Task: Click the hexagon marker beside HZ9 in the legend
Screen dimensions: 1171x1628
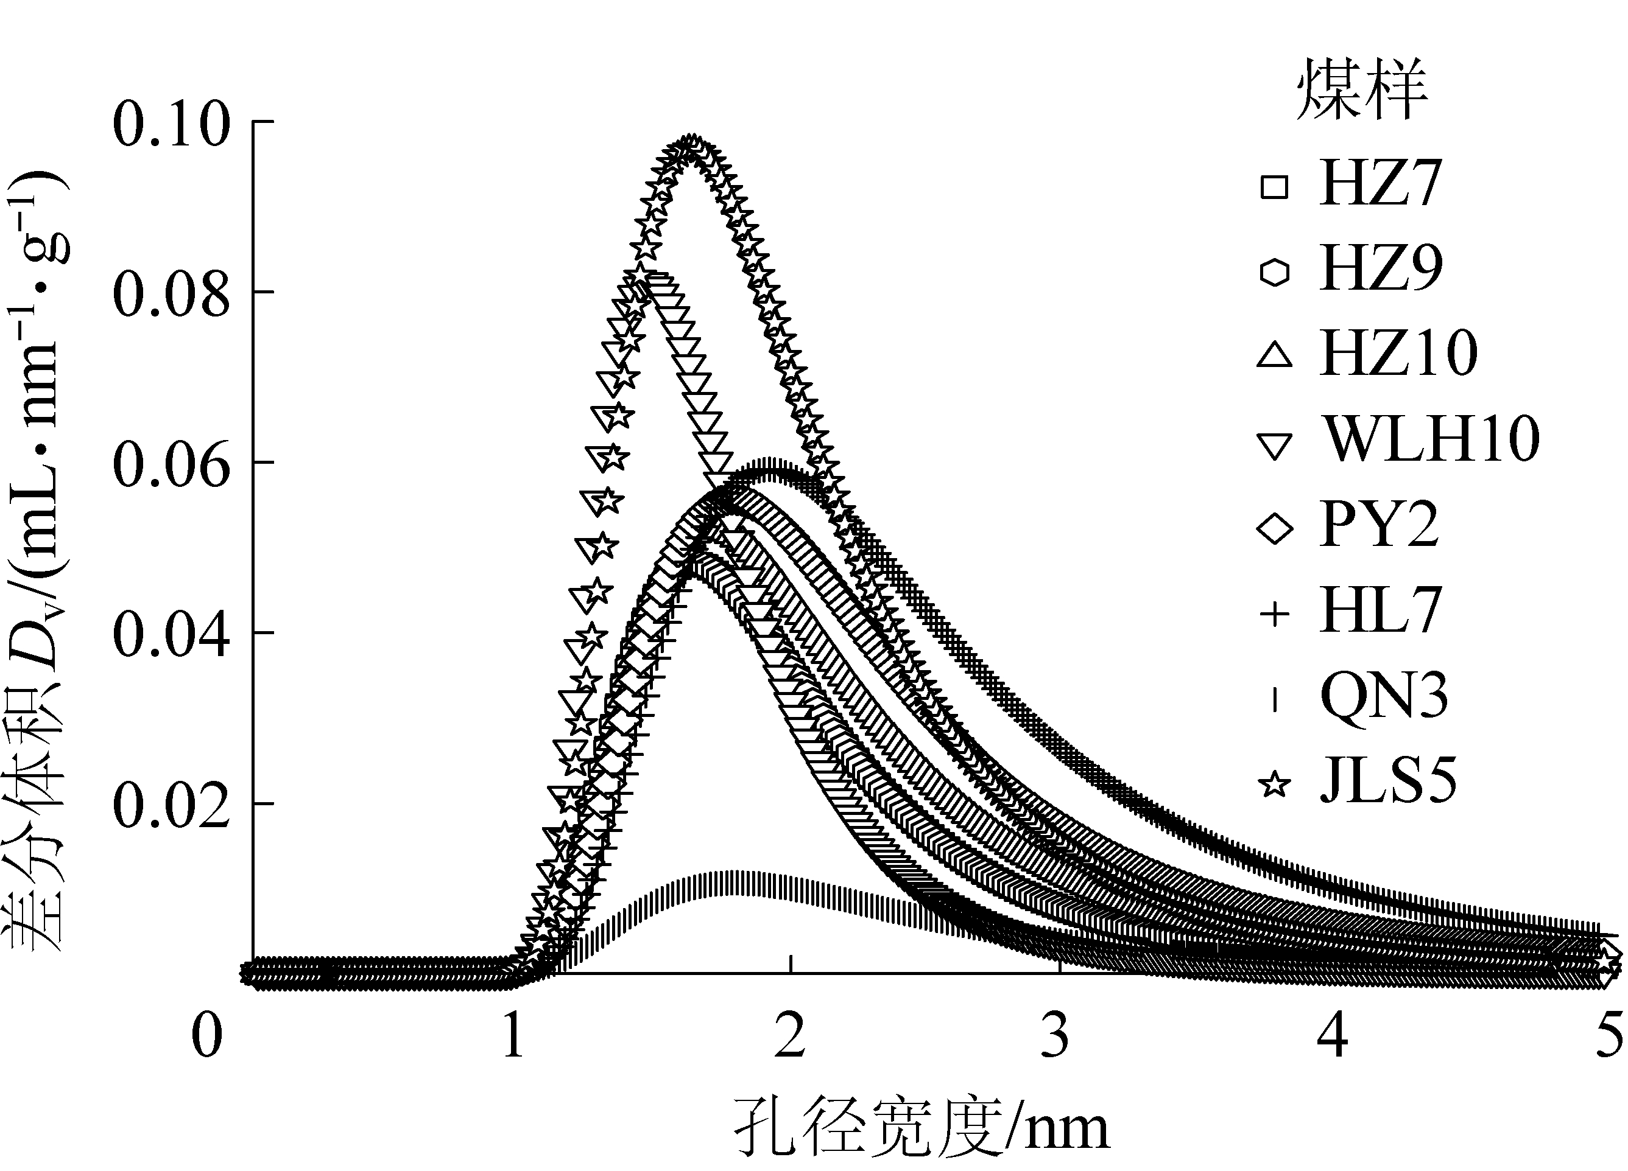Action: pos(1275,272)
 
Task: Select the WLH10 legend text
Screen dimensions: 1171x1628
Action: pos(1431,439)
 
